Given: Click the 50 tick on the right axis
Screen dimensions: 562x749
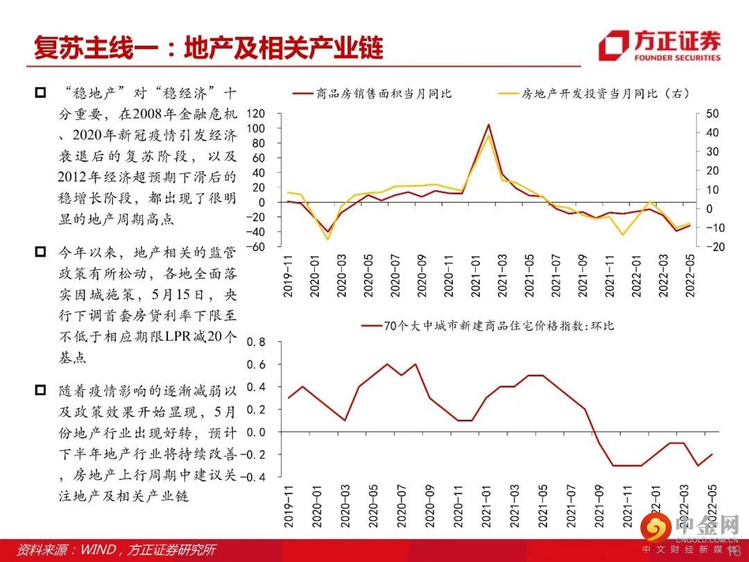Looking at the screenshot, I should tap(712, 114).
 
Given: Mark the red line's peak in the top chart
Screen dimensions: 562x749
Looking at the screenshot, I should tap(488, 125).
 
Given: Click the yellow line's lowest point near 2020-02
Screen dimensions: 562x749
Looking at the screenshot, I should tap(327, 239).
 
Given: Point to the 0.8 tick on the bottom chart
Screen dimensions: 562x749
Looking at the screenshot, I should tap(256, 342).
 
